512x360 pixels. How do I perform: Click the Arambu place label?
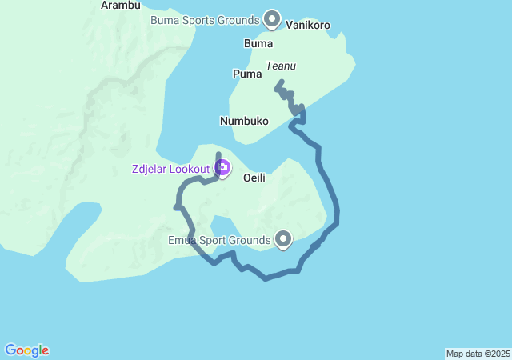click(x=120, y=6)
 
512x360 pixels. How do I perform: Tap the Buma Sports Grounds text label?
click(x=205, y=19)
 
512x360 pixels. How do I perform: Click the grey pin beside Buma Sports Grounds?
click(x=272, y=18)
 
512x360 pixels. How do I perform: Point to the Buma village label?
click(x=258, y=43)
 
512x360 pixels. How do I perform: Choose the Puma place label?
click(x=247, y=74)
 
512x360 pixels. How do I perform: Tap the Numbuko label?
click(x=243, y=121)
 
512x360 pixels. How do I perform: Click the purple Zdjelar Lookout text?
click(x=171, y=168)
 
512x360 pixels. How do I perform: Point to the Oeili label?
click(x=254, y=178)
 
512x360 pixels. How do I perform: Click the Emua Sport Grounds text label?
click(x=219, y=239)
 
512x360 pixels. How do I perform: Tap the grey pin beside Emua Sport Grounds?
click(x=283, y=238)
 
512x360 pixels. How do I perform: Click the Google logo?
click(x=26, y=350)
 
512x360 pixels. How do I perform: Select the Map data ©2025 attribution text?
click(x=478, y=354)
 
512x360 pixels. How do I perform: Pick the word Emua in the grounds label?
click(x=182, y=239)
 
